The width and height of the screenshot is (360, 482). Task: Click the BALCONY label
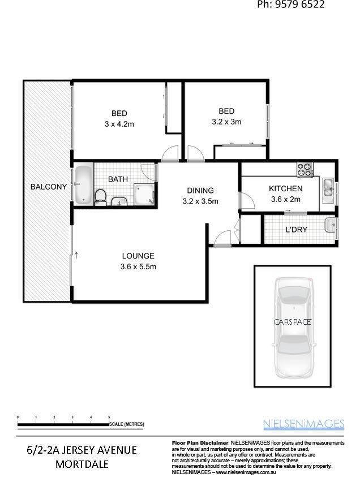click(49, 187)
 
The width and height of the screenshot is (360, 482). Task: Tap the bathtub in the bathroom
click(83, 184)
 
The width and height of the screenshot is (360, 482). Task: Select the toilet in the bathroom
click(100, 197)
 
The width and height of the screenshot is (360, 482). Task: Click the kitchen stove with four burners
click(305, 170)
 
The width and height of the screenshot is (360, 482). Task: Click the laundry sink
click(330, 225)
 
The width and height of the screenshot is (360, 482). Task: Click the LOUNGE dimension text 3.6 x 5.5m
click(138, 266)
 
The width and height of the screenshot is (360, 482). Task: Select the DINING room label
click(200, 191)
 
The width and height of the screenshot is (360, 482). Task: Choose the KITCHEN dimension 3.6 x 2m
click(285, 199)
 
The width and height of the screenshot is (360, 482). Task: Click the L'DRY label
click(296, 230)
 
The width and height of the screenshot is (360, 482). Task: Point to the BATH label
click(118, 179)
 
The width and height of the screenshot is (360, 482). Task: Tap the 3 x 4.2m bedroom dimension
click(119, 124)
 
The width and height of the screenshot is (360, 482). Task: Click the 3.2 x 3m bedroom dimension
click(226, 122)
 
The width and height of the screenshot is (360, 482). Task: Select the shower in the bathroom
click(144, 194)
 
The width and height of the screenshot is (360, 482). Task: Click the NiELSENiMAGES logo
click(304, 424)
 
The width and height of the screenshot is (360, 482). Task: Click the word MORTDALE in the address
click(82, 464)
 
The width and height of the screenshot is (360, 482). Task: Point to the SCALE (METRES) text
click(127, 424)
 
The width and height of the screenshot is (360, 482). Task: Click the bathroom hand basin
click(119, 201)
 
